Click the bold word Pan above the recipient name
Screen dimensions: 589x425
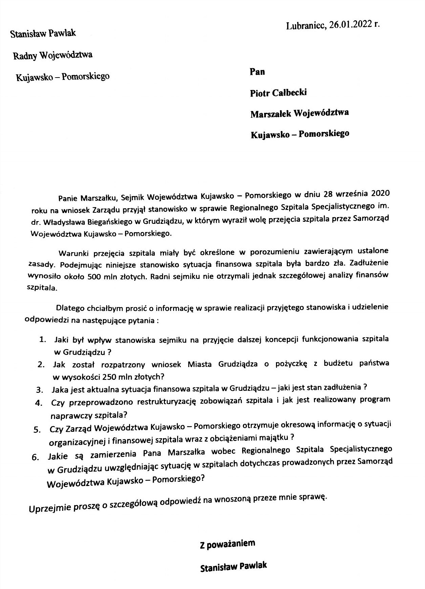click(x=257, y=72)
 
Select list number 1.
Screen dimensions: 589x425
click(x=42, y=339)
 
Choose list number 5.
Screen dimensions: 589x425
click(x=37, y=429)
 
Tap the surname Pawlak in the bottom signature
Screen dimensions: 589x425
click(x=253, y=566)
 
